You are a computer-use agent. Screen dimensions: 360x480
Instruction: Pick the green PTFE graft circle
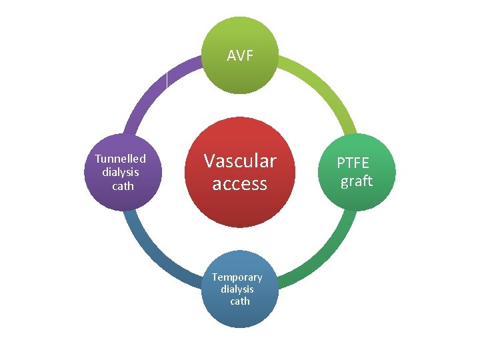click(357, 172)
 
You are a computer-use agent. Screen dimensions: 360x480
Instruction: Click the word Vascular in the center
click(240, 161)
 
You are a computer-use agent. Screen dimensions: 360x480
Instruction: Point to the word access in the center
click(240, 183)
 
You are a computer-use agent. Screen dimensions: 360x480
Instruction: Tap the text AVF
click(240, 56)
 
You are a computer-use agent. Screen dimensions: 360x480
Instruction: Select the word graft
click(357, 181)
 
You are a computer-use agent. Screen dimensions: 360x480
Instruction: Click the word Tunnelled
click(121, 159)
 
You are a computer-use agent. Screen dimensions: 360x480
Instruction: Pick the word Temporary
click(237, 277)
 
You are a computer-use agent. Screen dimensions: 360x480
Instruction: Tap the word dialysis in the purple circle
click(121, 172)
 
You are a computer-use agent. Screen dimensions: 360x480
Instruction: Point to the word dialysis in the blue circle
click(238, 289)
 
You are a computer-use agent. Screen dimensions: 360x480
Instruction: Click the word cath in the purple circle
click(123, 186)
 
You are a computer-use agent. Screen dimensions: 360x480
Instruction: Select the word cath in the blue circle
click(240, 301)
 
